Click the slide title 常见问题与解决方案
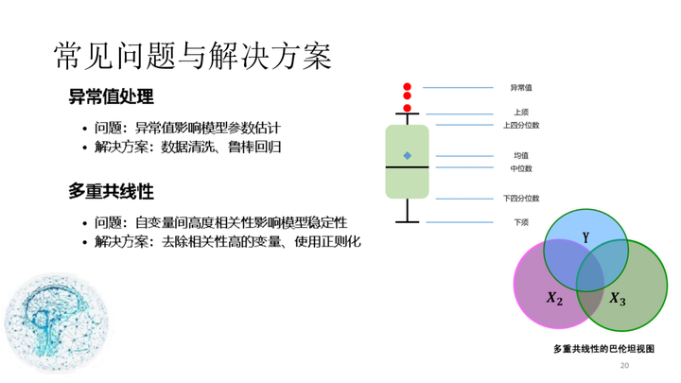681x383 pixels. click(193, 56)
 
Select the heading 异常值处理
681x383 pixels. click(112, 96)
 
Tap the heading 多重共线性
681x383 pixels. click(112, 191)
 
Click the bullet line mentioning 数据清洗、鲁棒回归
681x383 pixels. click(182, 147)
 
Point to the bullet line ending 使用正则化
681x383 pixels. click(222, 241)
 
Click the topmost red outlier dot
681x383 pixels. click(407, 87)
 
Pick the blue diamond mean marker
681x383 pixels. click(408, 155)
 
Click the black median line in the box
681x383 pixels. click(408, 167)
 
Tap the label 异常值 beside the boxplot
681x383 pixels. click(521, 88)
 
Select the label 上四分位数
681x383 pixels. click(521, 125)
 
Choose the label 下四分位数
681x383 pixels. click(521, 199)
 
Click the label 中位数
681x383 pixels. click(521, 168)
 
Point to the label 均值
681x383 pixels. click(521, 155)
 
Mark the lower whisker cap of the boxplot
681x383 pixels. click(408, 222)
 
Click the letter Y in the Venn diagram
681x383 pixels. click(585, 237)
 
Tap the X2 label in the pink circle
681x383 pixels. click(554, 298)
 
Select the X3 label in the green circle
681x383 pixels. click(617, 299)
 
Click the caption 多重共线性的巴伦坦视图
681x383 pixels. click(603, 349)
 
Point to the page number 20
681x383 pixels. click(624, 366)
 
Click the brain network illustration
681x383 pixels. click(57, 322)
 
